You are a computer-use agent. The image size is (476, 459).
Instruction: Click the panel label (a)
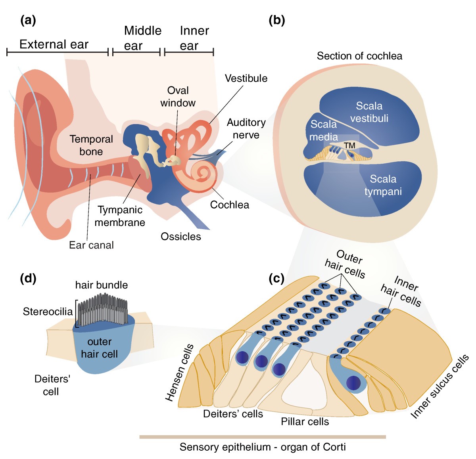point(28,20)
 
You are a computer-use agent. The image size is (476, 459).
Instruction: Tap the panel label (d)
point(28,279)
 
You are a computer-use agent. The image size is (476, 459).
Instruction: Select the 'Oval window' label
point(178,97)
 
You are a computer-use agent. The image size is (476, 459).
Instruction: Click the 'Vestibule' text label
point(246,78)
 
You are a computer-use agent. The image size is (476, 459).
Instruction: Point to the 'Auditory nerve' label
point(246,129)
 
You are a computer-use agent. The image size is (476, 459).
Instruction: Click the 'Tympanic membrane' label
point(120,216)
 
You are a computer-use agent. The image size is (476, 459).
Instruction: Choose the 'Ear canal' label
point(91,245)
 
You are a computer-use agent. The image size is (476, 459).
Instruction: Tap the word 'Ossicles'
point(181,237)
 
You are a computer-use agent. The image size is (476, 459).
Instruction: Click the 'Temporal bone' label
point(91,145)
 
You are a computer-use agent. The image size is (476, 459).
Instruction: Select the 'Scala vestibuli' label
point(369,112)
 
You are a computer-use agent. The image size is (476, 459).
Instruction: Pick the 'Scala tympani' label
point(383,185)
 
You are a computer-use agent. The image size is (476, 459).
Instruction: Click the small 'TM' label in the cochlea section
point(349,146)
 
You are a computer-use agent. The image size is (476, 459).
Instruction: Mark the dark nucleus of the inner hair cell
point(353,383)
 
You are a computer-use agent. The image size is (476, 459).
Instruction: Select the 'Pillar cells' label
point(305,421)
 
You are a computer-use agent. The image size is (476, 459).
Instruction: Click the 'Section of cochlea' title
point(359,56)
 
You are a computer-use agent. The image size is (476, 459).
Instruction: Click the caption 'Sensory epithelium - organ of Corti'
point(263,447)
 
